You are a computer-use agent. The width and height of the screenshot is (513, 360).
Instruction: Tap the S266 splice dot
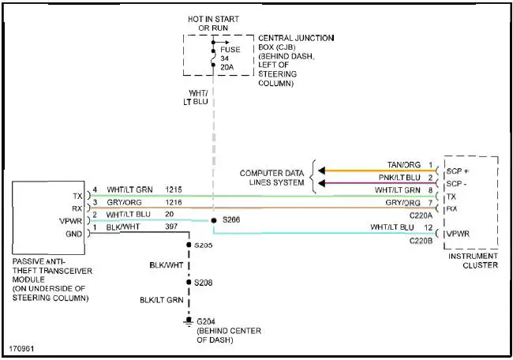pos(213,220)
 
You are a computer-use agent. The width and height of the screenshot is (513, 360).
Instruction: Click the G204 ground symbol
pos(188,321)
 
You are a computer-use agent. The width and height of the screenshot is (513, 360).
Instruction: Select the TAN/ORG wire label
pos(404,165)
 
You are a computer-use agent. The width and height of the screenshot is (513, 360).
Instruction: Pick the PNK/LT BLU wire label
pos(399,178)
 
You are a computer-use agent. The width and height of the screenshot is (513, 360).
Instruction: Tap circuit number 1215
pos(174,190)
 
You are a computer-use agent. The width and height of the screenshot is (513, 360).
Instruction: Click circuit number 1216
pos(174,203)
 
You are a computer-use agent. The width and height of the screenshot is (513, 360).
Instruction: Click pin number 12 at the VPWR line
pos(429,228)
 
